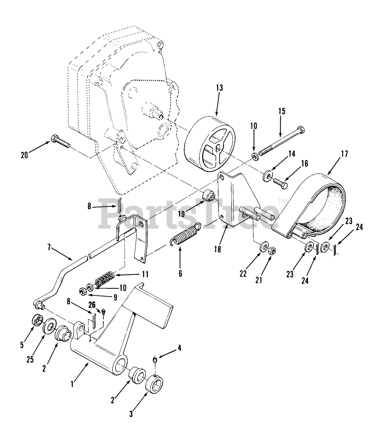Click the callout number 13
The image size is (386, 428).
tap(219, 88)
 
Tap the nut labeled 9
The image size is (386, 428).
tap(84, 292)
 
